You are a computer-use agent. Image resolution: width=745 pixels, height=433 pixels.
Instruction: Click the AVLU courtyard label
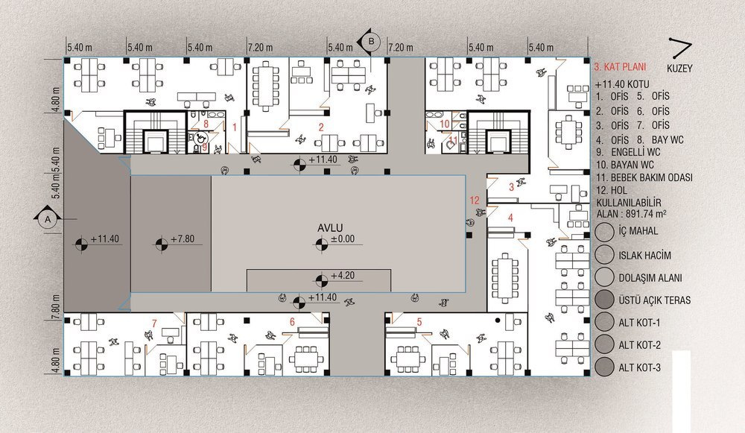tap(330, 228)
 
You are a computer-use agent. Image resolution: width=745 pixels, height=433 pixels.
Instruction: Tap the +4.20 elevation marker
tap(321, 280)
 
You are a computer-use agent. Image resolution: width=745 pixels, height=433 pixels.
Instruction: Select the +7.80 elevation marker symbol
tap(162, 244)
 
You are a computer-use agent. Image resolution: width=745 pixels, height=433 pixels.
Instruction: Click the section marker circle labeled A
tap(48, 220)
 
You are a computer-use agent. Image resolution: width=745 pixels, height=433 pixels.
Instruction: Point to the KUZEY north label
tap(679, 69)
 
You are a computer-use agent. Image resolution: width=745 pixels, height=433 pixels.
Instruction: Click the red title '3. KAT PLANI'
tap(620, 67)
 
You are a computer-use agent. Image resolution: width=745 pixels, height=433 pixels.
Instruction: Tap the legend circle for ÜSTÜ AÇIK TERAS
tap(605, 300)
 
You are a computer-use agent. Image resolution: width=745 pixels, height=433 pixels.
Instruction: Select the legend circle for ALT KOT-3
tap(605, 367)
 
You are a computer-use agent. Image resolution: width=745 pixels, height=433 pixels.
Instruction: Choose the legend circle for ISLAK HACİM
tap(605, 255)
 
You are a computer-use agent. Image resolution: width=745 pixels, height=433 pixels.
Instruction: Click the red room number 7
tap(154, 323)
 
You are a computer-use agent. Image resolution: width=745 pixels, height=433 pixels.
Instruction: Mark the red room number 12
tap(474, 200)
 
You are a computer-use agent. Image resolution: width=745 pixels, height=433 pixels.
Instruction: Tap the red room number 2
tap(321, 127)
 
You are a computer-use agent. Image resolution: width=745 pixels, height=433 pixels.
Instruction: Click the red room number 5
tap(419, 322)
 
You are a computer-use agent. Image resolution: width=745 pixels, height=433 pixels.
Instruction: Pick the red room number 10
tap(444, 124)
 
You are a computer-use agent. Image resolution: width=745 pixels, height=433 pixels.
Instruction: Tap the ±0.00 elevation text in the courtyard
tap(343, 239)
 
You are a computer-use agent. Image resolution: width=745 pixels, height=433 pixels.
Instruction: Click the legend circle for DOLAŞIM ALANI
tap(605, 277)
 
